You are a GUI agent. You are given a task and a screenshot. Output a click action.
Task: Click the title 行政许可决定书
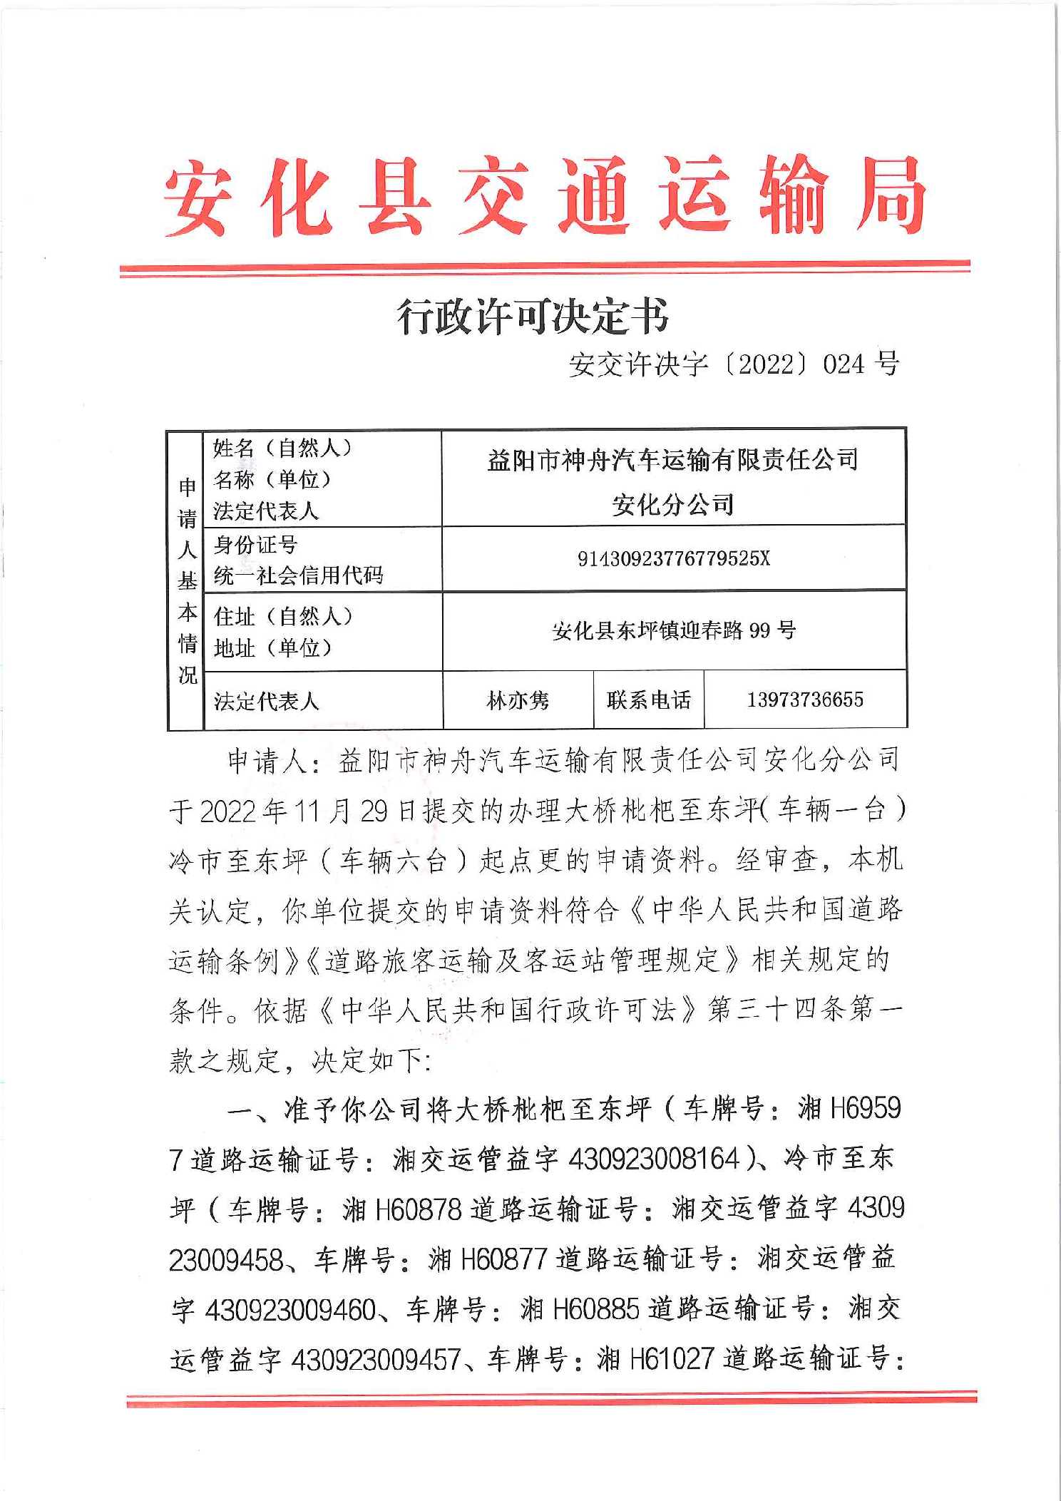pos(533,317)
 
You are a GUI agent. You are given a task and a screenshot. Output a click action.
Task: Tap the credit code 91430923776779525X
pos(673,558)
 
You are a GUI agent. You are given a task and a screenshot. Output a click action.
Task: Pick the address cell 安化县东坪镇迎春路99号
pos(673,630)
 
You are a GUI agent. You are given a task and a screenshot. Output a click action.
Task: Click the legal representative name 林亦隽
pos(518,700)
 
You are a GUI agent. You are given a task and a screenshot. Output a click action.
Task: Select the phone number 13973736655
pos(805,700)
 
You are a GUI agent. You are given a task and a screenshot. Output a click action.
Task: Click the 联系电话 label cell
pos(648,700)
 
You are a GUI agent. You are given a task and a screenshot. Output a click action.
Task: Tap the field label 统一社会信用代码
pos(298,575)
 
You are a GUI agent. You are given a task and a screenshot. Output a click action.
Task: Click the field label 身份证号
pos(255,545)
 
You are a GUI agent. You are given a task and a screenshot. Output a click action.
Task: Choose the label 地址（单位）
pos(273,648)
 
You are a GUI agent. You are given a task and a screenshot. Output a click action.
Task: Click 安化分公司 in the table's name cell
pos(672,505)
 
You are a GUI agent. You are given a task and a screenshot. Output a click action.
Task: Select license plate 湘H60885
pos(579,1309)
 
